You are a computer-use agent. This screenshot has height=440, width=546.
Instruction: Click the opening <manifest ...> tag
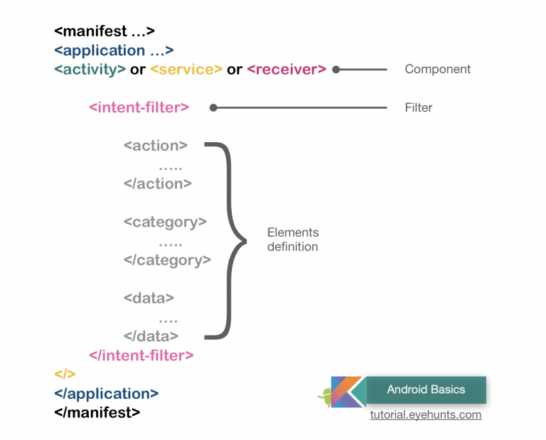tap(105, 31)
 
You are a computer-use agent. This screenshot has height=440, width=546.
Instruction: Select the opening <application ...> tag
tap(114, 50)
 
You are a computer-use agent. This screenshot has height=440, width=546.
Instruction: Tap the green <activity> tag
tap(90, 70)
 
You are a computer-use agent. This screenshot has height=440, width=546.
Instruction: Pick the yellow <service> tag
tap(186, 70)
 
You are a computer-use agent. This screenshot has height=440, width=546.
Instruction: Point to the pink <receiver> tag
tap(287, 70)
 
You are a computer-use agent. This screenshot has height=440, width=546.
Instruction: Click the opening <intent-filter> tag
tap(139, 108)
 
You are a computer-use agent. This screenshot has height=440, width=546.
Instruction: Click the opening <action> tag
tap(155, 146)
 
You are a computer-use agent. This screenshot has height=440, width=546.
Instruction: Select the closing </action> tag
tap(157, 183)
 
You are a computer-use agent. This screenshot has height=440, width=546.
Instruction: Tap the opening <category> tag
tap(165, 222)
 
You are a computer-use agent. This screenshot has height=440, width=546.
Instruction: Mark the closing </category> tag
tap(167, 260)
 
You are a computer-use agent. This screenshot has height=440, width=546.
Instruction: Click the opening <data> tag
tap(149, 299)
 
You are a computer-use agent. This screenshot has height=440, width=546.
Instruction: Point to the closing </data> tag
tap(151, 336)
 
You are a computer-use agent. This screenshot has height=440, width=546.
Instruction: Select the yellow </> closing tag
tap(65, 374)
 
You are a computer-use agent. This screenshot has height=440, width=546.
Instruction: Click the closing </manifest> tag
tap(97, 412)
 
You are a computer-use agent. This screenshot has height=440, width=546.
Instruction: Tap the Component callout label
tap(437, 70)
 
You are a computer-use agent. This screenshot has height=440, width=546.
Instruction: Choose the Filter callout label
tap(419, 108)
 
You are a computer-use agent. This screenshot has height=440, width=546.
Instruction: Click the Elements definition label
tap(293, 240)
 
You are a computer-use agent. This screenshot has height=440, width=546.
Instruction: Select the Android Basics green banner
tap(426, 390)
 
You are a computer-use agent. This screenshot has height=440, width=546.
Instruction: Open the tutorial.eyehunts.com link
tap(425, 414)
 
